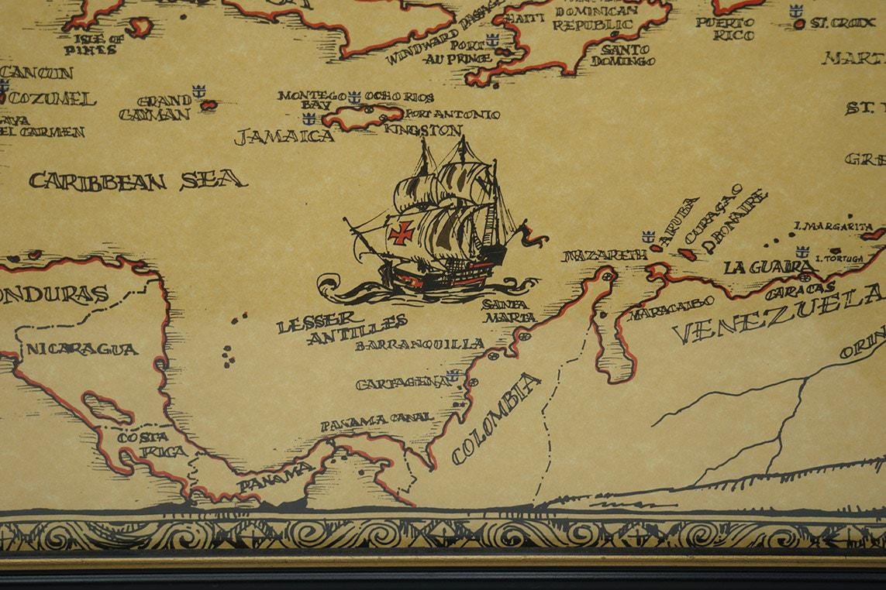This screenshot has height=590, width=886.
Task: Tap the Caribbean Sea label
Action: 138,181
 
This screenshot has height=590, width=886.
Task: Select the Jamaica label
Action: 284,137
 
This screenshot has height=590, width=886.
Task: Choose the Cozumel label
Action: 53,99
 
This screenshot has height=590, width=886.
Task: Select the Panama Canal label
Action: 377,420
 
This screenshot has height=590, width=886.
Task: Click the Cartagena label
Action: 402,382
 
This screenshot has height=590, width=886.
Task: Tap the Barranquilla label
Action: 419,345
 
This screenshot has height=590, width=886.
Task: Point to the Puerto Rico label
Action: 724,29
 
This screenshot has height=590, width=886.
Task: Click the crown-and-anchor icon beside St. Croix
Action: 795,11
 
